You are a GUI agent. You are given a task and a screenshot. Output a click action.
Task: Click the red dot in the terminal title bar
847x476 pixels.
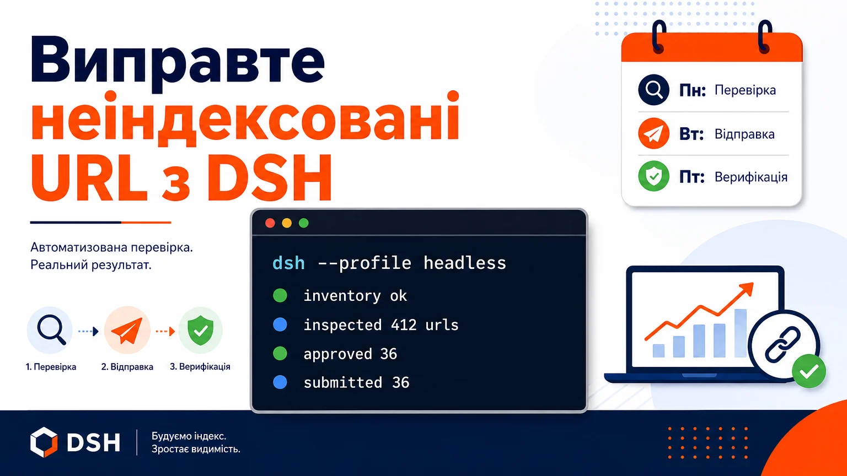(x=270, y=223)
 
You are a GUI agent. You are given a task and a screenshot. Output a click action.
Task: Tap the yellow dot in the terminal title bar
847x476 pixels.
(x=287, y=223)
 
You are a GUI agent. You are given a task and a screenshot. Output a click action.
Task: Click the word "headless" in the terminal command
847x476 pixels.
(x=465, y=263)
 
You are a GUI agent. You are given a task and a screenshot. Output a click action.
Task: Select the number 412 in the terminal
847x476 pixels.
(x=404, y=325)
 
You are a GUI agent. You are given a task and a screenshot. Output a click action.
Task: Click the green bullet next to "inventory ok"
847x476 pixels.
(x=280, y=295)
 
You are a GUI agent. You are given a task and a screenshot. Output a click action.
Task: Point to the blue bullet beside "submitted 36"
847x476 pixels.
(x=280, y=382)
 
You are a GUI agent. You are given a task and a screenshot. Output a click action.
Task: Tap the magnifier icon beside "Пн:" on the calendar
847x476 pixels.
(x=654, y=90)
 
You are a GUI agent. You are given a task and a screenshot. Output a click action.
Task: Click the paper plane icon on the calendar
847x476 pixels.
(x=654, y=133)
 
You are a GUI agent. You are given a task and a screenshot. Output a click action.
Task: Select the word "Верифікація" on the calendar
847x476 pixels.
(x=751, y=177)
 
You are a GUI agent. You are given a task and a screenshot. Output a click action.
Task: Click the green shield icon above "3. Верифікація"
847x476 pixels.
(x=200, y=331)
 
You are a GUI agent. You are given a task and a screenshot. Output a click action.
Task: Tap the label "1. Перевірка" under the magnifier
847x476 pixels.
(x=51, y=367)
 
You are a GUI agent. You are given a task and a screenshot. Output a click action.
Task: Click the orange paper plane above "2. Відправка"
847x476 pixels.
(x=127, y=330)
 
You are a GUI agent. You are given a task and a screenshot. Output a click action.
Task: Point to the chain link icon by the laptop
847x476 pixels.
(x=782, y=345)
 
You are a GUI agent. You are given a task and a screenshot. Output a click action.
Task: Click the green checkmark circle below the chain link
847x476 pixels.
(x=809, y=371)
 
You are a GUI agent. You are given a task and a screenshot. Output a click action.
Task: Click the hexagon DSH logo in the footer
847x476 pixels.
(x=44, y=442)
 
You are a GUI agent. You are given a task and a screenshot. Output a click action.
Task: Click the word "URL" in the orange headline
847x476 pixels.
(x=88, y=177)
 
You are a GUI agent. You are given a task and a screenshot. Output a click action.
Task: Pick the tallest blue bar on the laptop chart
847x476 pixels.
(x=741, y=333)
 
